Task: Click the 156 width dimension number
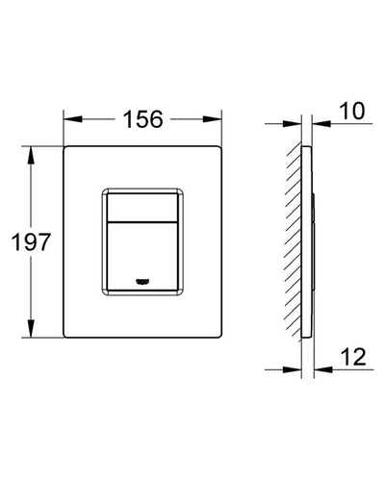pyautogui.click(x=143, y=119)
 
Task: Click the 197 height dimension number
pyautogui.click(x=31, y=241)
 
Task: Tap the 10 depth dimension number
pyautogui.click(x=352, y=111)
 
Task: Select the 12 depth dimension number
pyautogui.click(x=353, y=357)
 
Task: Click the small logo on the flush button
pyautogui.click(x=142, y=281)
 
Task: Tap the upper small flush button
pyautogui.click(x=142, y=208)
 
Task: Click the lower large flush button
pyautogui.click(x=142, y=257)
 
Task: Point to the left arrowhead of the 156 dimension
pyautogui.click(x=72, y=119)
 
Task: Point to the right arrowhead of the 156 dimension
pyautogui.click(x=214, y=119)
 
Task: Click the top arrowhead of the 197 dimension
pyautogui.click(x=31, y=155)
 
